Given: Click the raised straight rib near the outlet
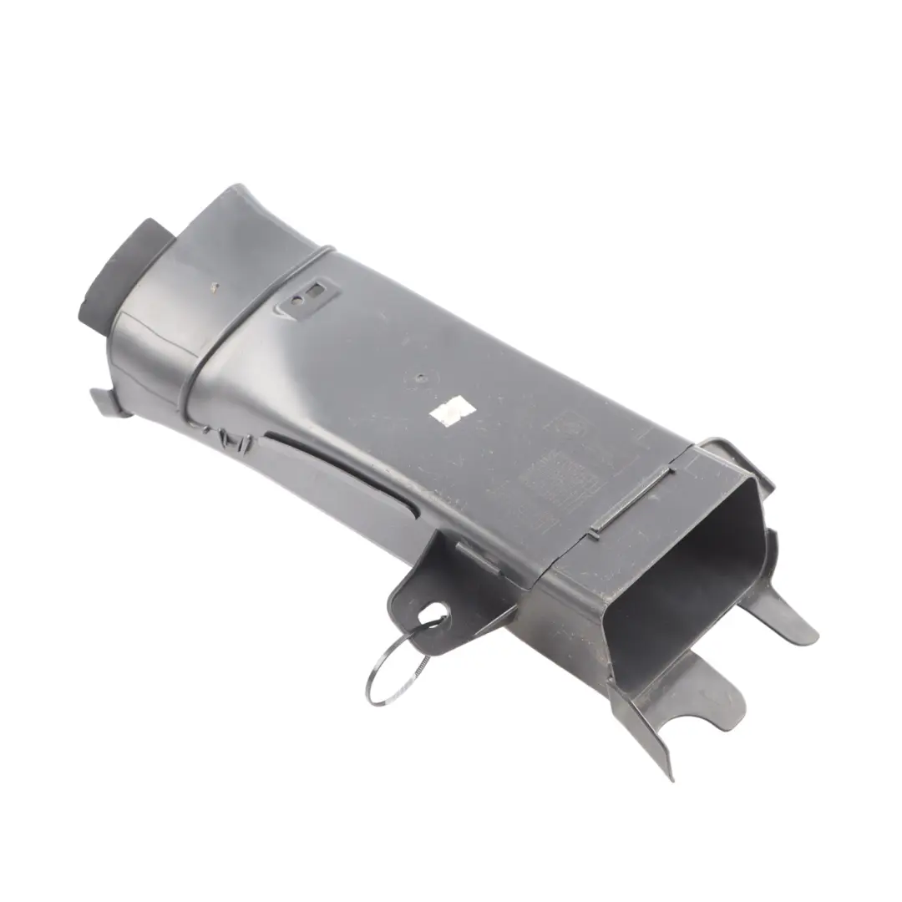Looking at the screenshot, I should click(631, 502).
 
